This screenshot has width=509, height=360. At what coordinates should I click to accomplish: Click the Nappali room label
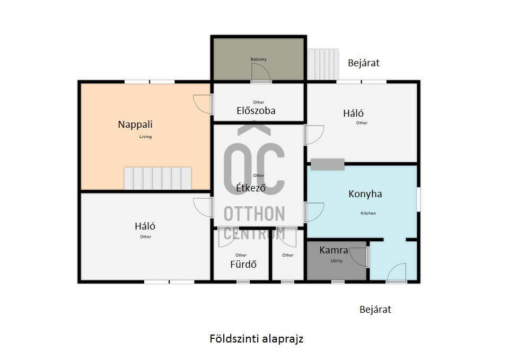(135, 124)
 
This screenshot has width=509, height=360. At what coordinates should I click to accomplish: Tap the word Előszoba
(256, 111)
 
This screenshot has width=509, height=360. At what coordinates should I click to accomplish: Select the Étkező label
(251, 187)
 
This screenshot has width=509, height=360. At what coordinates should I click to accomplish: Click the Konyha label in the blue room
(365, 194)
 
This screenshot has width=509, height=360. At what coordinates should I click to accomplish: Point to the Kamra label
(334, 250)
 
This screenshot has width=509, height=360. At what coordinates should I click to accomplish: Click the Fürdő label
(243, 264)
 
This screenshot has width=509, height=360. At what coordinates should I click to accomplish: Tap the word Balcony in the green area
(258, 59)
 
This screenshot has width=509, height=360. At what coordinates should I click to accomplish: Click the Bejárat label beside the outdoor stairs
(364, 63)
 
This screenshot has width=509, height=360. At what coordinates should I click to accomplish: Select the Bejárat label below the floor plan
(375, 309)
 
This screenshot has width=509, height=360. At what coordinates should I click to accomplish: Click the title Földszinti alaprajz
(257, 339)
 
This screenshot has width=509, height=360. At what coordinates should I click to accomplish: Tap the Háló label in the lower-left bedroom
(145, 226)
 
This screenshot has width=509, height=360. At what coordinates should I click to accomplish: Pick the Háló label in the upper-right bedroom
(353, 113)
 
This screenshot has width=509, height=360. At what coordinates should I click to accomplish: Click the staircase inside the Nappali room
(158, 178)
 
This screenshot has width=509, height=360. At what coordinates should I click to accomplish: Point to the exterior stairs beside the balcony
(323, 64)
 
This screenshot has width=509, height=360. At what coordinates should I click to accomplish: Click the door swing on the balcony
(261, 72)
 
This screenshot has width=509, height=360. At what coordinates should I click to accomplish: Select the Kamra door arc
(358, 257)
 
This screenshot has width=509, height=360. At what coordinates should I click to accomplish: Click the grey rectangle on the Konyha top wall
(327, 164)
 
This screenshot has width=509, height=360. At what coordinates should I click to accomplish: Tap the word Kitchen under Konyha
(368, 213)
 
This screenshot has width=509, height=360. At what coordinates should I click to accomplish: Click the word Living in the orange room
(145, 137)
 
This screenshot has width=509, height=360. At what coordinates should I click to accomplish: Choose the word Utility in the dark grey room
(336, 261)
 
